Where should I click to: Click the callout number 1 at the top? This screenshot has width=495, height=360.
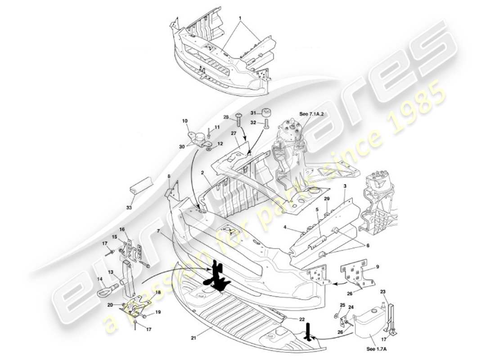coord(240,18)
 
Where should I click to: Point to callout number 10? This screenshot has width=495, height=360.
coord(184,121)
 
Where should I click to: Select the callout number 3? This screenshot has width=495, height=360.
coord(344,185)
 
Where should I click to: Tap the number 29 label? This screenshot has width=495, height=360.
coord(327,199)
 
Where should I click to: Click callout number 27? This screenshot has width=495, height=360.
coord(233,133)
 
